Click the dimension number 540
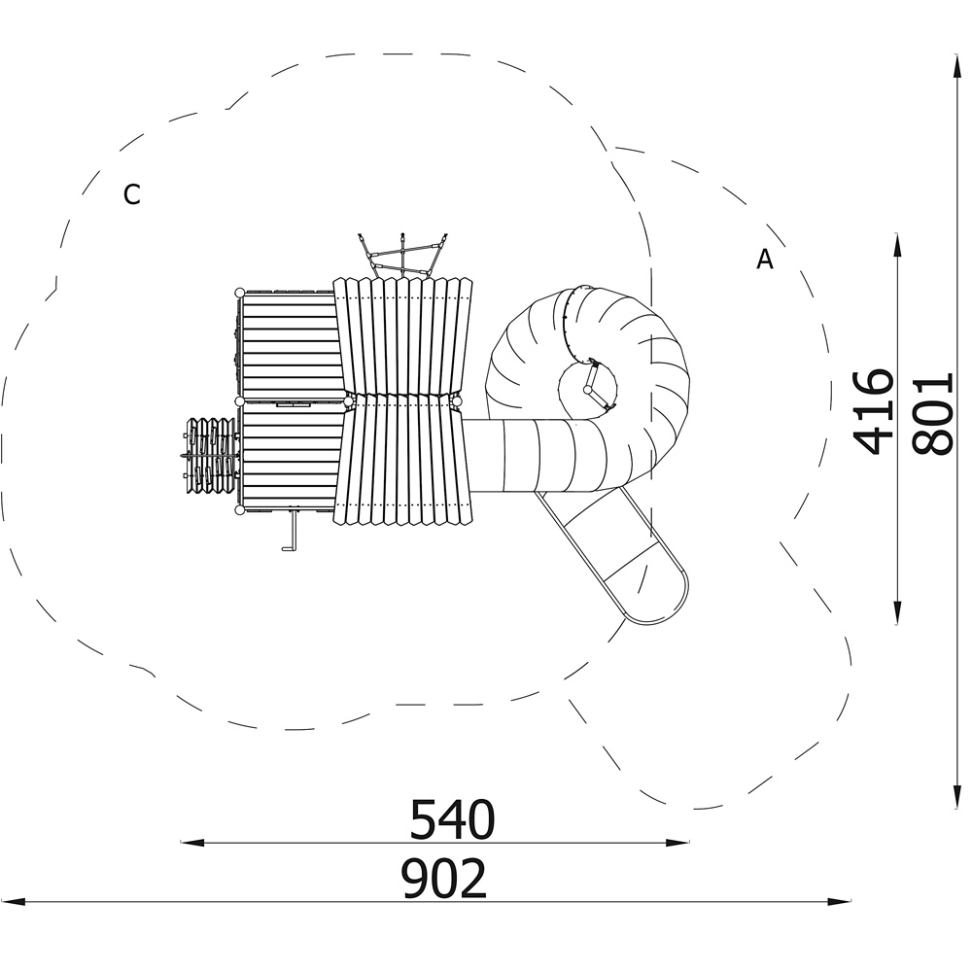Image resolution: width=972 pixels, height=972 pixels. click(x=453, y=818)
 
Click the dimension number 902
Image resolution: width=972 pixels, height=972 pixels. click(x=444, y=879)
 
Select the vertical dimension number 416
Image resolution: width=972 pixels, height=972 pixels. click(x=874, y=411)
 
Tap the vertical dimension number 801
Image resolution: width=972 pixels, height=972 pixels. click(x=932, y=413)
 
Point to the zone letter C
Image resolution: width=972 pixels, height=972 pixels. click(x=131, y=194)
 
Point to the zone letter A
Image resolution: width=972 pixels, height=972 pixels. click(x=765, y=260)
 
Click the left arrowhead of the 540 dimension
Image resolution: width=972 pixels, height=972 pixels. click(x=192, y=843)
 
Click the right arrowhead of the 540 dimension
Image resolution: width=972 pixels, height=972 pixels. click(x=677, y=843)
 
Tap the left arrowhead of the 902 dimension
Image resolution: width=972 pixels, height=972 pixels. click(x=13, y=901)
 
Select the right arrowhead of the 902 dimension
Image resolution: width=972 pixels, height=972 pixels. click(x=840, y=901)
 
